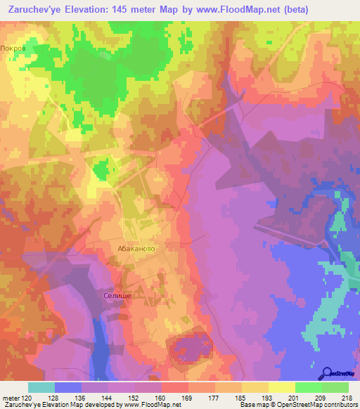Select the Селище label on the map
tap(117, 297)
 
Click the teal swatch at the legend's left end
tap(41, 387)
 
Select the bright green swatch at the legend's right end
tap(335, 387)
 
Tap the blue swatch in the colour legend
tap(68, 387)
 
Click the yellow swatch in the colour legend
tap(282, 387)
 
